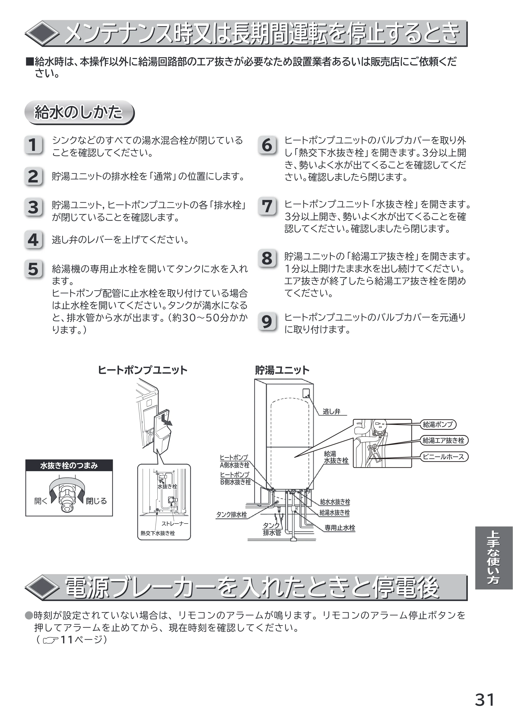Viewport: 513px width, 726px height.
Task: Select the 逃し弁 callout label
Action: pyautogui.click(x=332, y=411)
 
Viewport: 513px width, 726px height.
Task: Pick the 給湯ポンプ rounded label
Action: pyautogui.click(x=438, y=424)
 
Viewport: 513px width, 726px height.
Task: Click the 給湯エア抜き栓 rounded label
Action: pyautogui.click(x=444, y=440)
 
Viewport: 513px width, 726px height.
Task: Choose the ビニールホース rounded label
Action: pyautogui.click(x=444, y=457)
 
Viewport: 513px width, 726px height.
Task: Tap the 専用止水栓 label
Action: pyautogui.click(x=340, y=527)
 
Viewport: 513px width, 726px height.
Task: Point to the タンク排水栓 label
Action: pyautogui.click(x=232, y=515)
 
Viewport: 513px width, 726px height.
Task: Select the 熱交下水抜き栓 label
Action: pyautogui.click(x=158, y=533)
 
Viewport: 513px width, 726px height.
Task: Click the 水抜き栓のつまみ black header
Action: pyautogui.click(x=69, y=465)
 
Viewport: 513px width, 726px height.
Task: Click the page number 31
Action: pyautogui.click(x=485, y=700)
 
